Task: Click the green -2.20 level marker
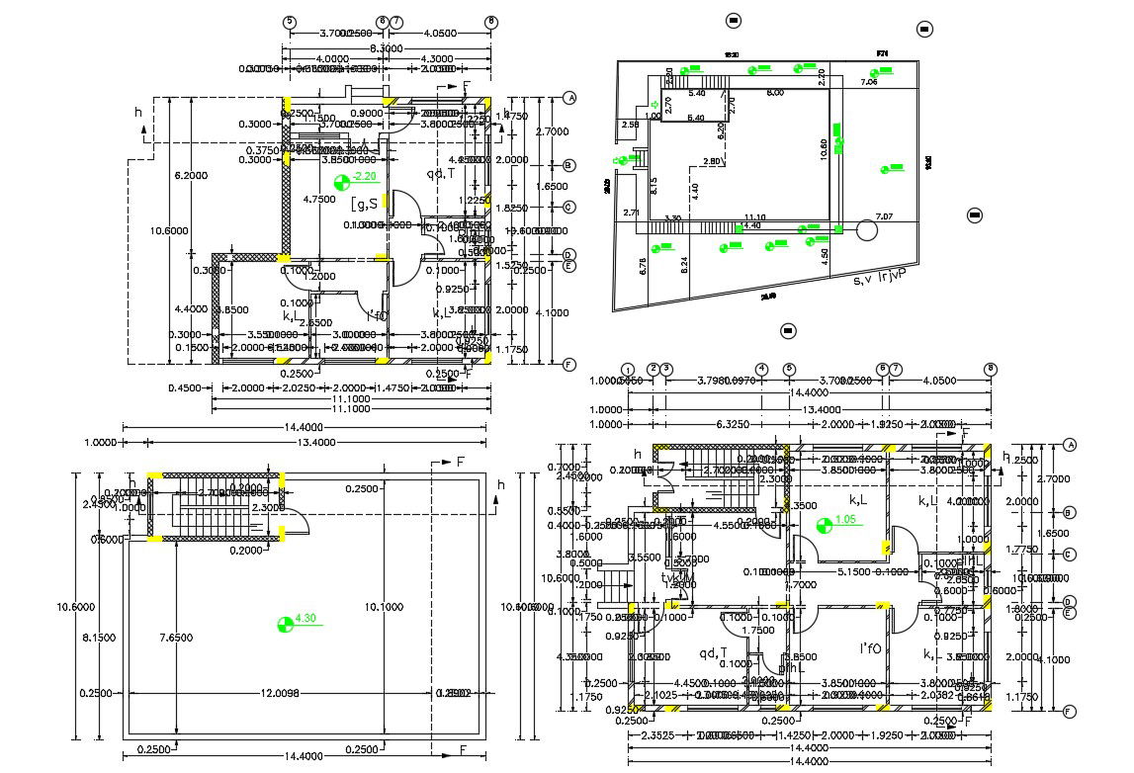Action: point(352,179)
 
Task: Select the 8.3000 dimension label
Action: point(389,47)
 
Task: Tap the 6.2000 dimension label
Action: point(191,175)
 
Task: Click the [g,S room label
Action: point(367,205)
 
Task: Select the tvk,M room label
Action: point(678,576)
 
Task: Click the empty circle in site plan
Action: point(867,230)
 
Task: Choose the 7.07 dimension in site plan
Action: point(883,215)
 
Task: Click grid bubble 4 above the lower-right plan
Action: point(761,369)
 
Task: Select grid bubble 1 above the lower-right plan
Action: point(627,369)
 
